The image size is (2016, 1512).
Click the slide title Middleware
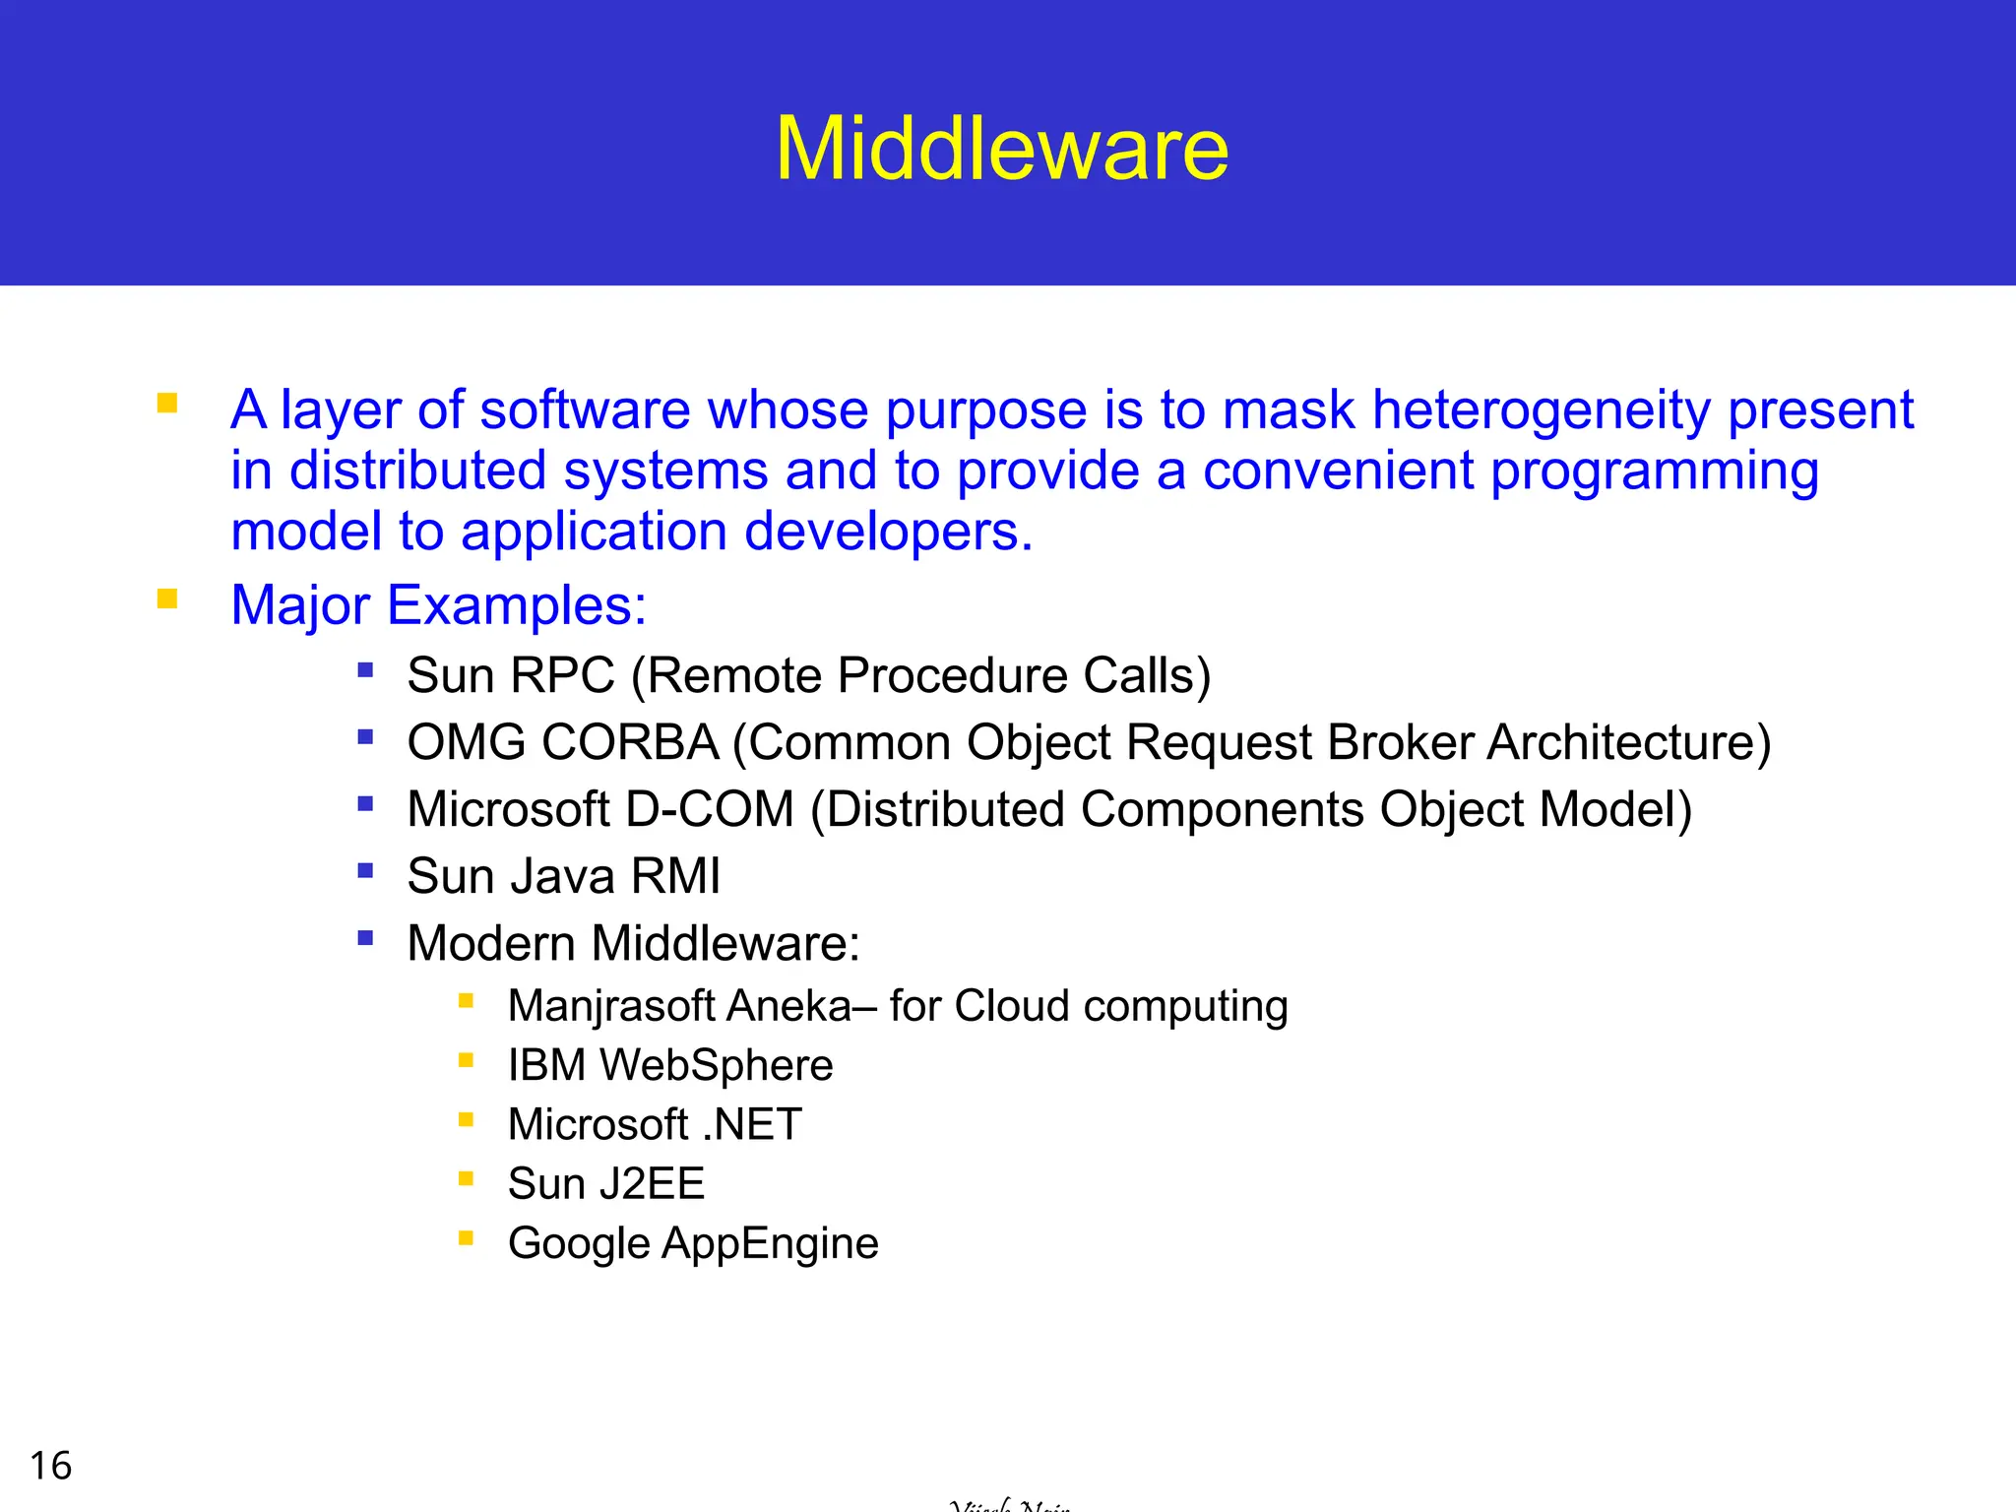tap(1002, 149)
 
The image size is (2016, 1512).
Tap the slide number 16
tap(50, 1466)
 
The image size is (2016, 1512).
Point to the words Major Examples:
tap(438, 604)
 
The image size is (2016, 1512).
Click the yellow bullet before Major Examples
tap(167, 598)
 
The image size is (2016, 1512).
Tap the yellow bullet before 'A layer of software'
tap(167, 403)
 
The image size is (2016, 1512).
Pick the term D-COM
tap(709, 809)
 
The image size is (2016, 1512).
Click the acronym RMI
tap(675, 876)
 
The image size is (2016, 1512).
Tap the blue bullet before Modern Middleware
tap(365, 937)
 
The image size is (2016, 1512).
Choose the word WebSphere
tap(717, 1065)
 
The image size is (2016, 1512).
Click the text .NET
tap(752, 1124)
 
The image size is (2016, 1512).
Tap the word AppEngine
tap(770, 1243)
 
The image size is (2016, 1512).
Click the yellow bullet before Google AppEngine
tap(467, 1237)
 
